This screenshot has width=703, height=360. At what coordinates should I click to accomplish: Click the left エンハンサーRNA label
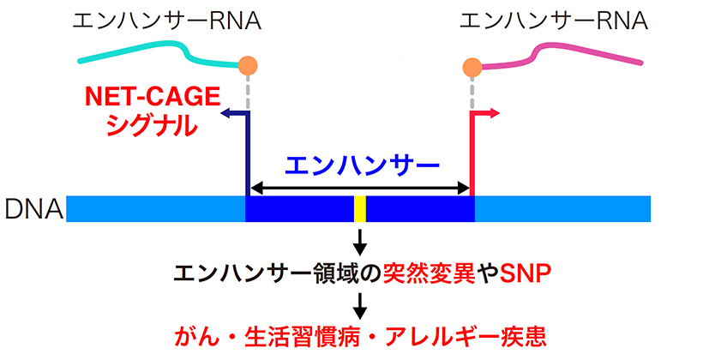tap(167, 21)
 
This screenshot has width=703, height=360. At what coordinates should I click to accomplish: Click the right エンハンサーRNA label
tap(554, 21)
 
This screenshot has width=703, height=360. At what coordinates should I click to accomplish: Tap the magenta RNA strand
tap(562, 54)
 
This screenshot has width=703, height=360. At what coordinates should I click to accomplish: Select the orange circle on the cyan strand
tap(248, 66)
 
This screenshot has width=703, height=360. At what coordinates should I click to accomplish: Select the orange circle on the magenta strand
tap(472, 67)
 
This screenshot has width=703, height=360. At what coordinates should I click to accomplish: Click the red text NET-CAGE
tap(153, 96)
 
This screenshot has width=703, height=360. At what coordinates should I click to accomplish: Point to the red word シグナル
tap(152, 125)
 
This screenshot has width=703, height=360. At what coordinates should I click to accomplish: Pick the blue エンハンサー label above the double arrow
tap(362, 166)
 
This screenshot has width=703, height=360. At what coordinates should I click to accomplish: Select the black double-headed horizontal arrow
tap(359, 189)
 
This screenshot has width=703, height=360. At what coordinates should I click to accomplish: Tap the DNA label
tap(33, 208)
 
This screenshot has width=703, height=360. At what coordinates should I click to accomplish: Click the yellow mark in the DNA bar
tap(360, 209)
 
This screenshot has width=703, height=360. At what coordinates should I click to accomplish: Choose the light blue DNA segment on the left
tap(155, 209)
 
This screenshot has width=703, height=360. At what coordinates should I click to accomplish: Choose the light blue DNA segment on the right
tap(562, 209)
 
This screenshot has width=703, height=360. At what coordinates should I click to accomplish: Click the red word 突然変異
tap(429, 273)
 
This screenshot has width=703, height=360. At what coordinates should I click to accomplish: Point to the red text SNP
tap(525, 273)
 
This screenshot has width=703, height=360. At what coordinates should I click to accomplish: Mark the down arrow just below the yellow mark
tap(360, 243)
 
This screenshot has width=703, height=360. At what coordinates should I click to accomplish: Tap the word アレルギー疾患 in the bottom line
tap(466, 337)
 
